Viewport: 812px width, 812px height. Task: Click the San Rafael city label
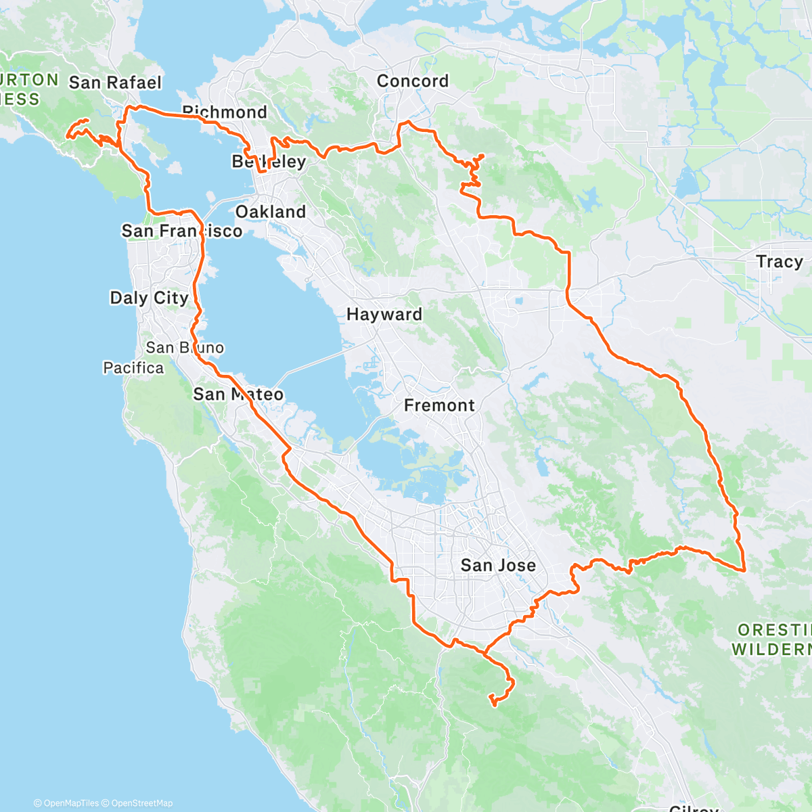click(115, 83)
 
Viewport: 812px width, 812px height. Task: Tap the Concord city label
click(413, 81)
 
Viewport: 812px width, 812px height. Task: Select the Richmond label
click(225, 112)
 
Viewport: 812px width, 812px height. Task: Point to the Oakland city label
click(271, 212)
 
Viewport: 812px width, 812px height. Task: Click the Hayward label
click(384, 315)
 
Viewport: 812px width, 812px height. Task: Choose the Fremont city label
click(439, 405)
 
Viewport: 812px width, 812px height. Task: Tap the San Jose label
click(498, 565)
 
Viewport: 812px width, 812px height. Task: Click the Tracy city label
click(780, 261)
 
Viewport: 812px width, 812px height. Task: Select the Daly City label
click(149, 298)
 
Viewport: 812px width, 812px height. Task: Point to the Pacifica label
click(133, 368)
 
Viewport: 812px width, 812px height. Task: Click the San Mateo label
click(238, 394)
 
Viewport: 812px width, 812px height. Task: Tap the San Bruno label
click(185, 348)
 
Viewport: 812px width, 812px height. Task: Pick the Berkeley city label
click(269, 161)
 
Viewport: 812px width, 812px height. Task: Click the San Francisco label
click(181, 231)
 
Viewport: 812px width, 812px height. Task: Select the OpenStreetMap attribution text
click(142, 803)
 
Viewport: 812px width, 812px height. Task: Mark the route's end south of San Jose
click(493, 704)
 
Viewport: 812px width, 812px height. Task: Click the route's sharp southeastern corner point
click(744, 570)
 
